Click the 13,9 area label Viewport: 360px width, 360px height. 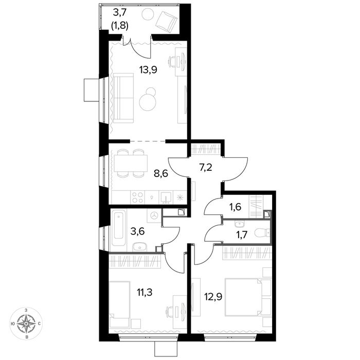click(148, 69)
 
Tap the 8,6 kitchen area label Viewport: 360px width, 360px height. click(161, 174)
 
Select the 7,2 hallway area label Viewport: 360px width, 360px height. click(205, 167)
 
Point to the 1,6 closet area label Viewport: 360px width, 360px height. click(235, 207)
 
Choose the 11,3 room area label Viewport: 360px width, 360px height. click(145, 293)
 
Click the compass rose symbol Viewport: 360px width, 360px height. click(26, 323)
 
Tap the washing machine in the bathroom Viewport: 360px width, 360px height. click(154, 215)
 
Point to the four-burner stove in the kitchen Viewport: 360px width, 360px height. click(137, 197)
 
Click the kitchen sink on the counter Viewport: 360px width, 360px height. click(166, 197)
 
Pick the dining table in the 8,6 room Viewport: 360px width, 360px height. click(131, 163)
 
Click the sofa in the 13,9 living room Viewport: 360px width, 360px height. click(123, 98)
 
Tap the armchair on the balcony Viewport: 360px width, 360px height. click(167, 21)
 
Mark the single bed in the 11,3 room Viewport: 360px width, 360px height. click(120, 304)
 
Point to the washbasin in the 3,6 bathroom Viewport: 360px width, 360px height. click(139, 246)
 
